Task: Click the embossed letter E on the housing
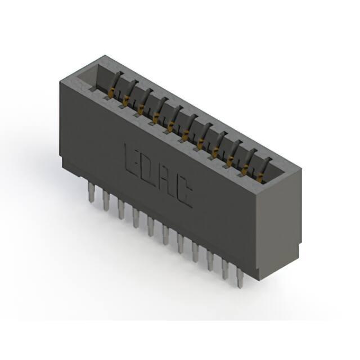133,161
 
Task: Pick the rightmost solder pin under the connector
240,278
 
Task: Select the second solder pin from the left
106,201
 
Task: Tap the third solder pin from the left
121,209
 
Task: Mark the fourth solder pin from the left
136,218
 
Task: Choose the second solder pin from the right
225,269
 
